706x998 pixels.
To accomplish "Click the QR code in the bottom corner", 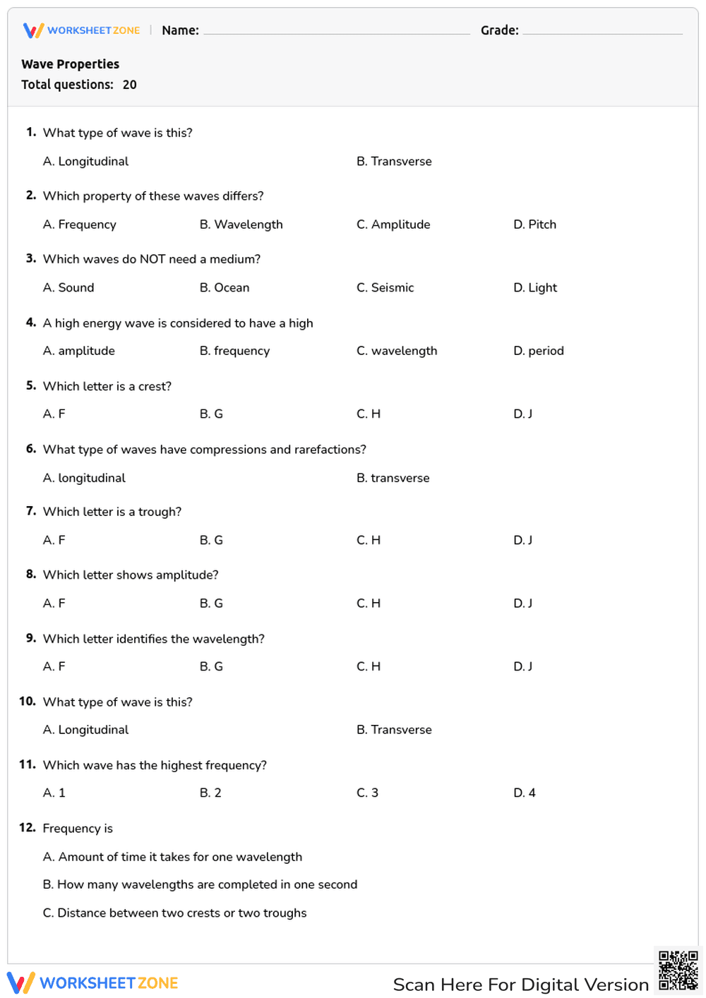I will tap(678, 970).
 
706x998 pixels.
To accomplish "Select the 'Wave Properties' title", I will tap(71, 64).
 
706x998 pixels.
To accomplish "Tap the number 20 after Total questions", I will tap(130, 85).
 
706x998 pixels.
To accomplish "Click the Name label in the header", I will tap(180, 30).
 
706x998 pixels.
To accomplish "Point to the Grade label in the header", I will tap(499, 30).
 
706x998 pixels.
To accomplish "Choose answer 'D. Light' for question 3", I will tap(535, 288).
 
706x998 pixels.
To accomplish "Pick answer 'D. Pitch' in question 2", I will tap(534, 224).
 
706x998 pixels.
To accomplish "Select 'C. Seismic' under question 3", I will tap(385, 288).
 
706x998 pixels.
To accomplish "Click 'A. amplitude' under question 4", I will tap(78, 351).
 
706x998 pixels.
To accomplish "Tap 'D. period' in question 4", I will tap(538, 351).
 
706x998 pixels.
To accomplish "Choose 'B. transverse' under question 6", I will tap(393, 478).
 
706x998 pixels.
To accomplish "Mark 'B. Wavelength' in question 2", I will tap(241, 224).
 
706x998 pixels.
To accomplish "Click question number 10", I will tap(27, 702).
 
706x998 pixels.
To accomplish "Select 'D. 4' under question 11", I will tap(524, 793).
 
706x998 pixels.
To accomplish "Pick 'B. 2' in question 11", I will tap(210, 793).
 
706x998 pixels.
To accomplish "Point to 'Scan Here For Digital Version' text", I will tap(520, 985).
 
